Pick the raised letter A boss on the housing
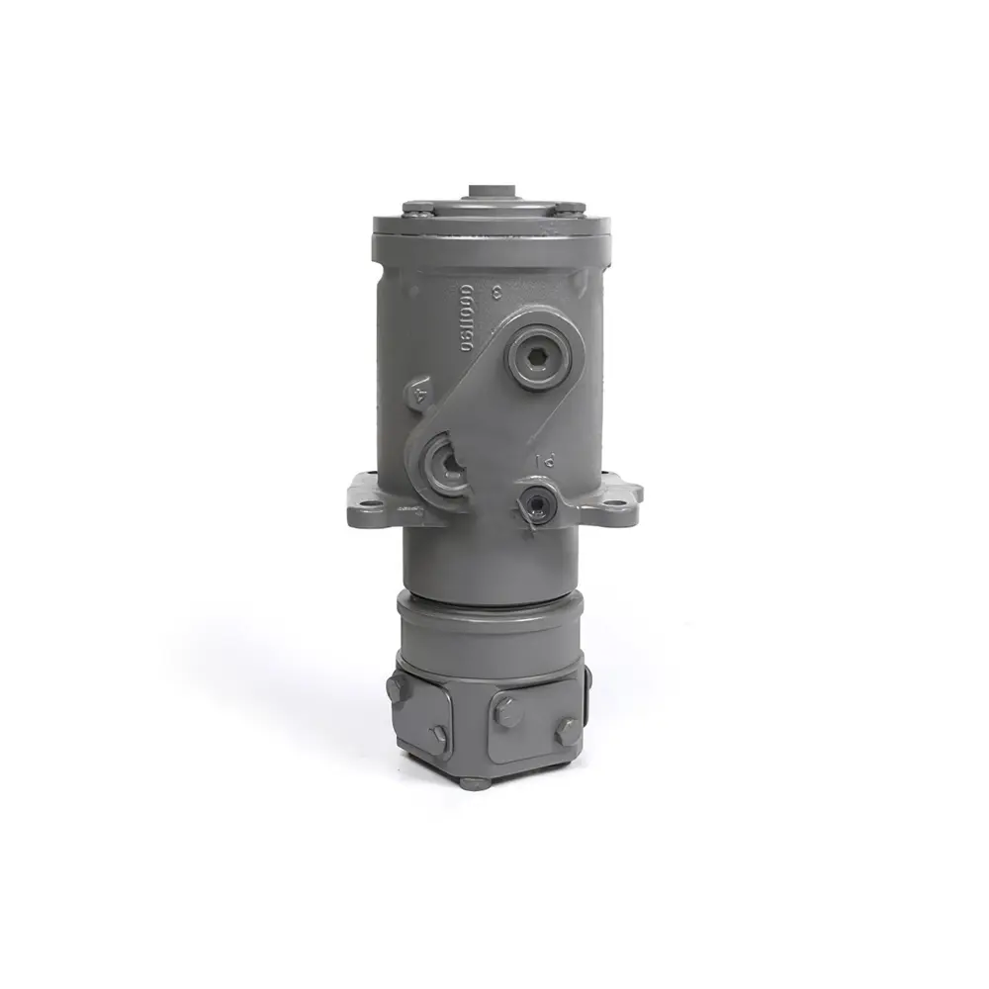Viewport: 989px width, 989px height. coord(419,395)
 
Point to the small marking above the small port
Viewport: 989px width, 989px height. coord(542,461)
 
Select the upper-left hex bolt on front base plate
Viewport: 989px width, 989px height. coord(505,708)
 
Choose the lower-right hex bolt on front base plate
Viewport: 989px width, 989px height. coord(566,732)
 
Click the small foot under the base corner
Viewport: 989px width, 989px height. coord(474,781)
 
